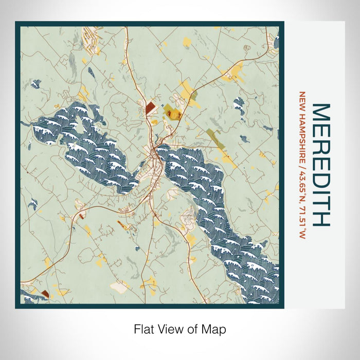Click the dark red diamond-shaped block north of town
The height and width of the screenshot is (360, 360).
coord(150,108)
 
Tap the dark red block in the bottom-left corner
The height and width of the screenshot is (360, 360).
coord(45,294)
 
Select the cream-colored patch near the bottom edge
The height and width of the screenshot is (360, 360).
coord(120,286)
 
